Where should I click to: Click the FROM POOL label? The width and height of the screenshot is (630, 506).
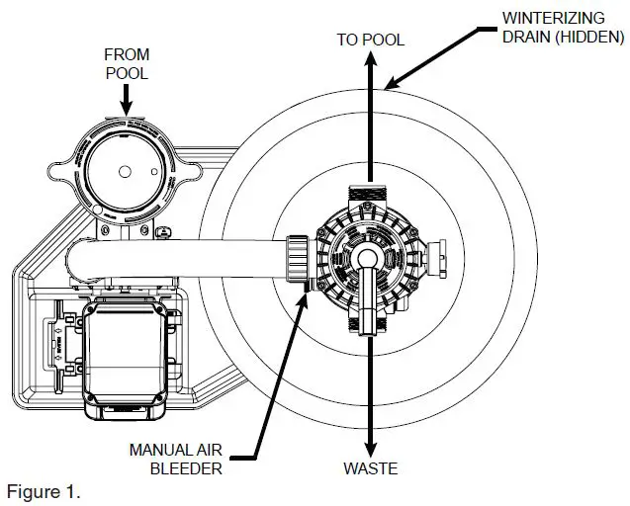click(x=127, y=62)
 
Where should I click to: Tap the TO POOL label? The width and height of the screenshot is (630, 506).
click(x=370, y=39)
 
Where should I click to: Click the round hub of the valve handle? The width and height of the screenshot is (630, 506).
click(x=367, y=258)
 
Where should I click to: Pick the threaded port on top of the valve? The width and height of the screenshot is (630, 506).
click(x=369, y=196)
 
